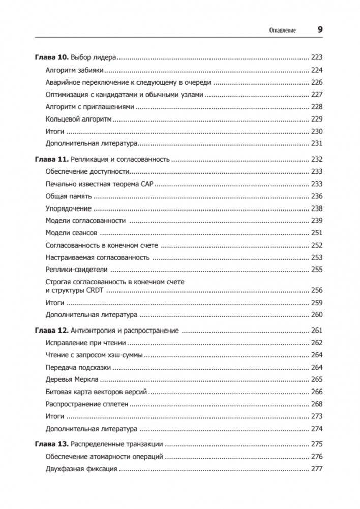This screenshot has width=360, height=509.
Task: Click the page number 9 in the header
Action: click(x=320, y=29)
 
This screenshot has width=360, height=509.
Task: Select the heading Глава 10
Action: click(x=51, y=57)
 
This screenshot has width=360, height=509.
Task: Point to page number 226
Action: click(x=317, y=82)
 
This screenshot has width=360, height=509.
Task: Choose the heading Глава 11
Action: click(x=51, y=159)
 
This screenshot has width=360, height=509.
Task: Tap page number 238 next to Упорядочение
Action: click(x=317, y=208)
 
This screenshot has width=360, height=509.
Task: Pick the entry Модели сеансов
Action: click(x=71, y=233)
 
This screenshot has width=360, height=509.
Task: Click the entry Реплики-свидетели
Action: click(x=77, y=270)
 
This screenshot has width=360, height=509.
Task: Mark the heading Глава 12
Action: click(x=51, y=331)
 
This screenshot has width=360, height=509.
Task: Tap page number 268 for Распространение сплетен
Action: click(x=317, y=404)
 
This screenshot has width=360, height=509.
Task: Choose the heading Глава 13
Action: click(x=51, y=444)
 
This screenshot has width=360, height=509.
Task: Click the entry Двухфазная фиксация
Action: click(x=81, y=469)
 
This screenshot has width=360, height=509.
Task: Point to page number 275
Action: click(x=317, y=444)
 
